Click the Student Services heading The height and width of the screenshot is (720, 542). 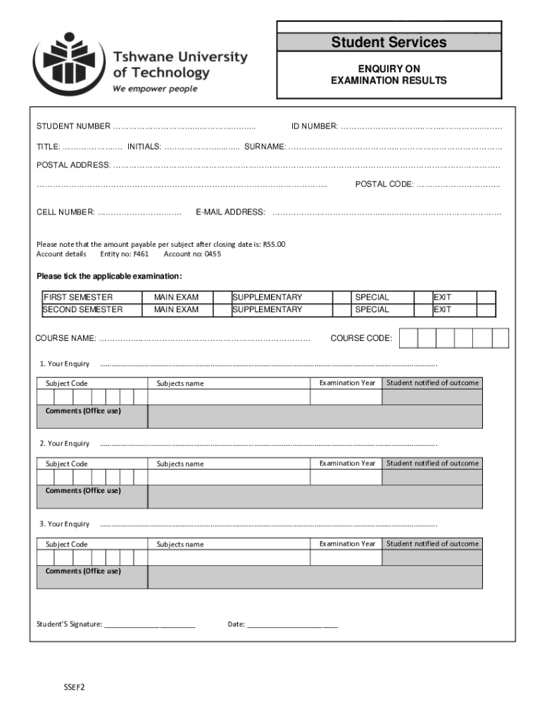click(x=389, y=42)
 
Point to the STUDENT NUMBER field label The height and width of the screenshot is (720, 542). click(x=73, y=127)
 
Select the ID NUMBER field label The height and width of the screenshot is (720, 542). click(x=315, y=127)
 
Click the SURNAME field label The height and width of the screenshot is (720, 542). click(x=265, y=146)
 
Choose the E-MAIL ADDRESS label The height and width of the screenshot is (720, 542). click(x=230, y=212)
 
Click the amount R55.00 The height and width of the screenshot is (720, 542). click(x=274, y=245)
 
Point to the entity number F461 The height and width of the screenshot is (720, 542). click(x=141, y=254)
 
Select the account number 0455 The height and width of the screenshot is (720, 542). click(x=213, y=254)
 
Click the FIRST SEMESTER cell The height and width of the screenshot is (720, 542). click(x=78, y=297)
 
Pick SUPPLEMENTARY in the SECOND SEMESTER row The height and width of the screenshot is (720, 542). click(x=267, y=309)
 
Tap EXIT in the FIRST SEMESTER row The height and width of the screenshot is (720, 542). click(x=442, y=297)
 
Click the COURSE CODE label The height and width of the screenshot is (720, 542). click(x=361, y=338)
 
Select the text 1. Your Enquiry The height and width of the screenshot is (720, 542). click(x=65, y=364)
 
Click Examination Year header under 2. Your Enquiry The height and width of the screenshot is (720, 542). click(x=347, y=463)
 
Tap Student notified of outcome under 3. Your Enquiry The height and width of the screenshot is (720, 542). click(x=432, y=544)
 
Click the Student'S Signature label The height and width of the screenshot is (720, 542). click(x=69, y=624)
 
